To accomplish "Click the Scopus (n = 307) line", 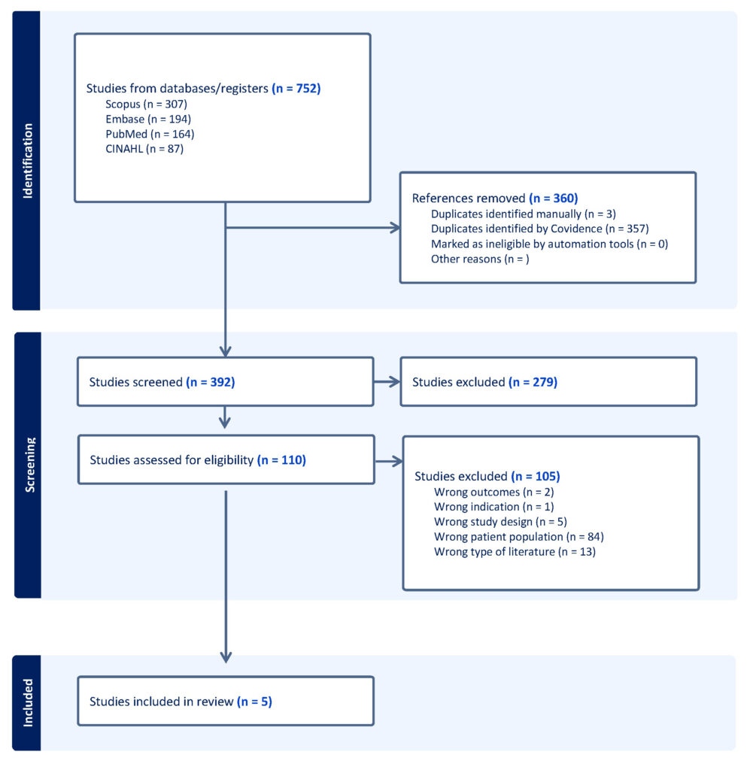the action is pyautogui.click(x=147, y=104).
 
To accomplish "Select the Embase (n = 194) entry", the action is pyautogui.click(x=148, y=119).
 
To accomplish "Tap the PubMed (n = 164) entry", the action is pyautogui.click(x=150, y=134).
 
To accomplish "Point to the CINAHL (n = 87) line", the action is pyautogui.click(x=144, y=149).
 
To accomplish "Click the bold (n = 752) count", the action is pyautogui.click(x=296, y=89).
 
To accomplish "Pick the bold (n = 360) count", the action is pyautogui.click(x=554, y=199).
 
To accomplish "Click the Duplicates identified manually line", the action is pyautogui.click(x=524, y=214).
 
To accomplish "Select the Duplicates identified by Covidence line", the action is pyautogui.click(x=540, y=229).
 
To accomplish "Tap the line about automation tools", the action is pyautogui.click(x=550, y=244).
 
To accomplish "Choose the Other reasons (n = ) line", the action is pyautogui.click(x=480, y=259).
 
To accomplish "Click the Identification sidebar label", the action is pyautogui.click(x=28, y=161).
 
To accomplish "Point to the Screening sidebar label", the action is pyautogui.click(x=29, y=465).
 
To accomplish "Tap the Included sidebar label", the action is pyautogui.click(x=28, y=703).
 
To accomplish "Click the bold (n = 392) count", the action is pyautogui.click(x=211, y=382).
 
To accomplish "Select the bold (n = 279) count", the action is pyautogui.click(x=533, y=382).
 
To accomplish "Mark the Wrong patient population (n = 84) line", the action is pyautogui.click(x=518, y=537).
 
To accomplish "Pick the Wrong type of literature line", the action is pyautogui.click(x=515, y=552).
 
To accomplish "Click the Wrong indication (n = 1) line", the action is pyautogui.click(x=493, y=507).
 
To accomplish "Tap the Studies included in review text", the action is pyautogui.click(x=161, y=702).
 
